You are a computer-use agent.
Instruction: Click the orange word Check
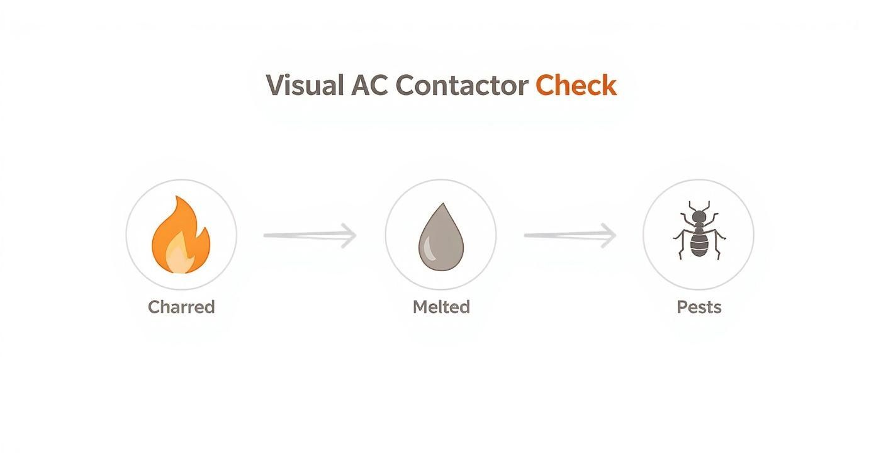pos(576,86)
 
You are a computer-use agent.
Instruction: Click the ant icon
pos(699,231)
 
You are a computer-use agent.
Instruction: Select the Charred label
pos(181,307)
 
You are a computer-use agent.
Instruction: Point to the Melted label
pos(441,307)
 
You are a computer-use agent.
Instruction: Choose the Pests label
pos(699,307)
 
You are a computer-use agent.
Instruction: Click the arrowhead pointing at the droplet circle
pos(349,235)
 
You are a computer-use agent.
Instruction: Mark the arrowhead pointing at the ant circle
pos(609,235)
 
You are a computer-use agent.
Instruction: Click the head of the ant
pos(699,217)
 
